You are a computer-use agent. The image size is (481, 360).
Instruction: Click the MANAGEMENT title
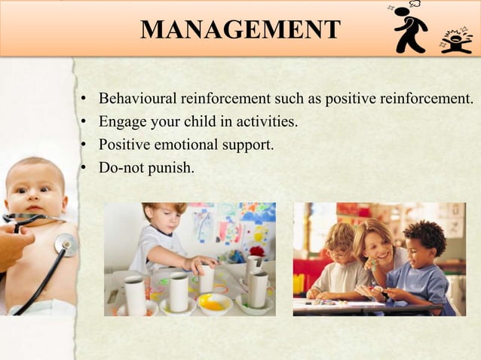pos(240,29)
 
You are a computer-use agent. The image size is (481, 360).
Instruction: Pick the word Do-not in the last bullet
pos(120,167)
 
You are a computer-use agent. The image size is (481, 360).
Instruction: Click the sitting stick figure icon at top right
pos(455,40)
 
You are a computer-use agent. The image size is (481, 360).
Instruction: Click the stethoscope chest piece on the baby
pos(66,244)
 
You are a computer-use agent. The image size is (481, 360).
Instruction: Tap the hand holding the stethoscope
pos(14,245)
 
